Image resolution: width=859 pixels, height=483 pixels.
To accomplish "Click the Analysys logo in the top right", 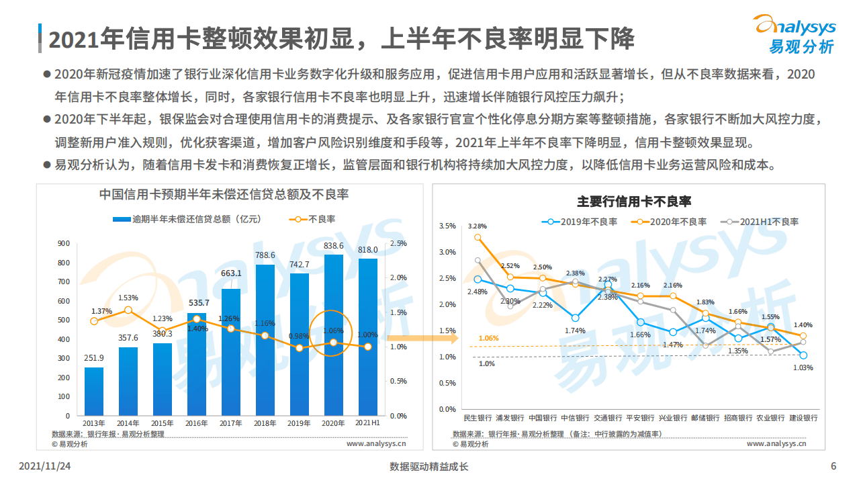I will tap(795, 34).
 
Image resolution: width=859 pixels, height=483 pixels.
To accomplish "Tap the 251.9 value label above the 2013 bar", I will tap(94, 357).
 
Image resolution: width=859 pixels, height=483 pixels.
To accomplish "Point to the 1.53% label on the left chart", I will tap(128, 298).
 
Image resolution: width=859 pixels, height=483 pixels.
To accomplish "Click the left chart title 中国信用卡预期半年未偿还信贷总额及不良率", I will tap(224, 195).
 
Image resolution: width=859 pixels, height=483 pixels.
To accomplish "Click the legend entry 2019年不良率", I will tap(582, 221).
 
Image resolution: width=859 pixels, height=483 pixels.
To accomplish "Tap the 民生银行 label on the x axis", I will tap(478, 418).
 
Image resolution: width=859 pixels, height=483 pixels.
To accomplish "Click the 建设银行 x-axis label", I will tap(803, 418).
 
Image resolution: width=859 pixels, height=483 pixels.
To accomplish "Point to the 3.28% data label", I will tap(478, 226).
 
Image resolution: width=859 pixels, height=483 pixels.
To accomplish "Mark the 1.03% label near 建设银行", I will tap(803, 367).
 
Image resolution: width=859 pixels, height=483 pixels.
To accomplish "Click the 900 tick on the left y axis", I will tap(64, 244).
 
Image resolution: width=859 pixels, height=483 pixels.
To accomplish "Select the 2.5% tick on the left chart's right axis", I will tap(398, 244).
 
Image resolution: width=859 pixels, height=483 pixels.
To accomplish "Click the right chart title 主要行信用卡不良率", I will tap(634, 202).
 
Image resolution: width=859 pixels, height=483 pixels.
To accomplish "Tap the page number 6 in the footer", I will tap(833, 467).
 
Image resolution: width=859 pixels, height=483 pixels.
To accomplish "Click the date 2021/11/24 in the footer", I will tap(46, 467).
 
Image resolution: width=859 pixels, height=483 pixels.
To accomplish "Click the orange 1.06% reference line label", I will tap(488, 338).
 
